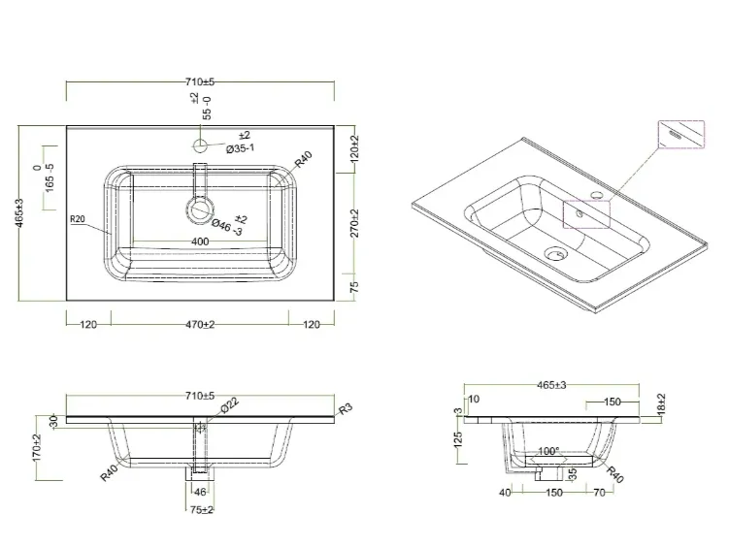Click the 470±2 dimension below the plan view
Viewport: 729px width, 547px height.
click(200, 325)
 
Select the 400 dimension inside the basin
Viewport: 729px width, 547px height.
click(200, 241)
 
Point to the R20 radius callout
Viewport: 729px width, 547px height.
click(78, 219)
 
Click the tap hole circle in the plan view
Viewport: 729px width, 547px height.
click(200, 145)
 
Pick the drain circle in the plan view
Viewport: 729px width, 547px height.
click(201, 209)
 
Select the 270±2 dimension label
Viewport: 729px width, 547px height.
click(354, 223)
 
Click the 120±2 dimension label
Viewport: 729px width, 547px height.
click(354, 148)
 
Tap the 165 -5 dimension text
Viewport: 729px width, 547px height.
click(50, 177)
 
